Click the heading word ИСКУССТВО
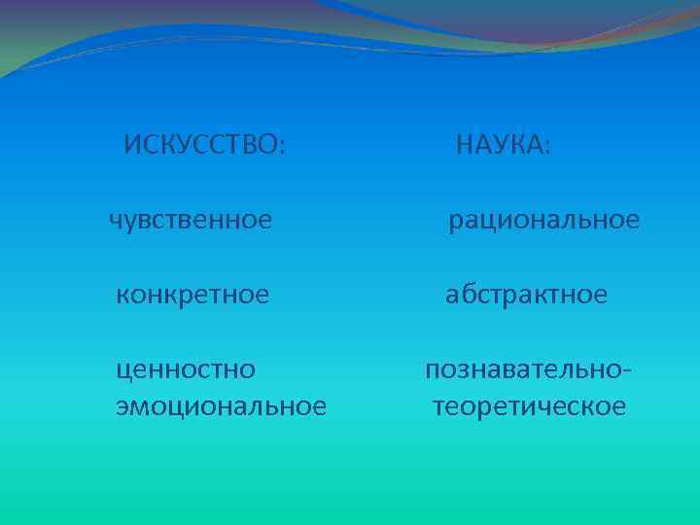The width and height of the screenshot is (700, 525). [202, 146]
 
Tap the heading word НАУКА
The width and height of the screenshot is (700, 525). [500, 146]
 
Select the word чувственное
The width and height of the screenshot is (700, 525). [191, 221]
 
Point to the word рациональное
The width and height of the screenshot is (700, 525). [543, 221]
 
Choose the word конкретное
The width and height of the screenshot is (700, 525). [192, 295]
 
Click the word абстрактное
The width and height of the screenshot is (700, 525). [526, 295]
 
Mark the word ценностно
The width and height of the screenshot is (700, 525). [186, 369]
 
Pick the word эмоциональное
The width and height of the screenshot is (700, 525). [221, 405]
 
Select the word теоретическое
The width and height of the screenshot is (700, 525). [529, 405]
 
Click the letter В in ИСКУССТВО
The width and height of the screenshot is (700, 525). [252, 146]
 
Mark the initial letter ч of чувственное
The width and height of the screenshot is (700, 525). [116, 221]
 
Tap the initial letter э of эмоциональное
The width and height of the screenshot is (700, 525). [122, 405]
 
